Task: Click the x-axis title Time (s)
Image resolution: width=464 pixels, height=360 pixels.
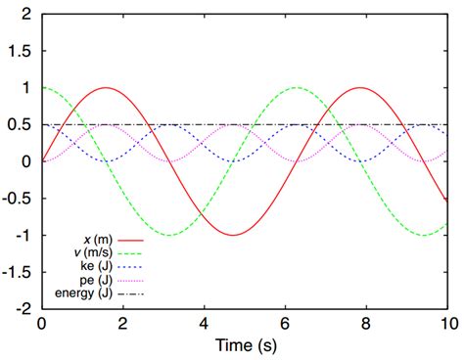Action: [245, 347]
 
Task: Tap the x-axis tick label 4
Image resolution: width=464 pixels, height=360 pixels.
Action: [203, 323]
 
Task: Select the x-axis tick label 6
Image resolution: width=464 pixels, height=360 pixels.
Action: [284, 323]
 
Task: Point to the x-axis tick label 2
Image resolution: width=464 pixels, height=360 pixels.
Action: [122, 323]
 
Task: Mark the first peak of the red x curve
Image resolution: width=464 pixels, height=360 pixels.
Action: [105, 88]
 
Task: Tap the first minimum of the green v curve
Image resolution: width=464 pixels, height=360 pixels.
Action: [168, 235]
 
